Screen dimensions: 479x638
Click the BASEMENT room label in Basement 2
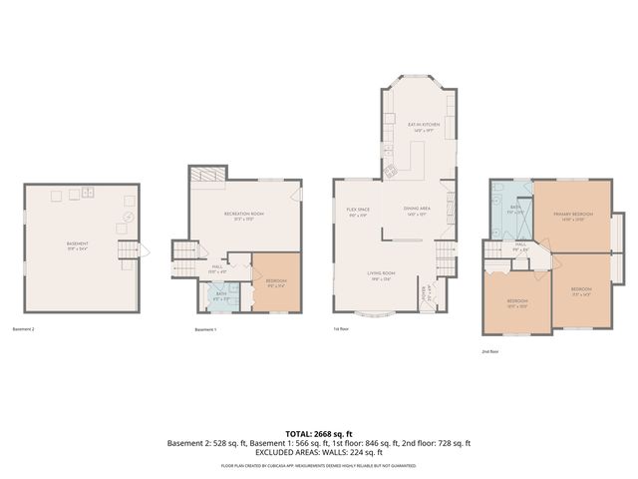pyautogui.click(x=77, y=245)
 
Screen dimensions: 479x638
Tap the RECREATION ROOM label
pyautogui.click(x=243, y=216)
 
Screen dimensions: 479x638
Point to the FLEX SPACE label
pyautogui.click(x=358, y=211)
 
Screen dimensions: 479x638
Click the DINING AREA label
pyautogui.click(x=417, y=211)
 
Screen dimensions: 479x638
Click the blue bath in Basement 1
pyautogui.click(x=221, y=292)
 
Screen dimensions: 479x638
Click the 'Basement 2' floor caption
pyautogui.click(x=26, y=329)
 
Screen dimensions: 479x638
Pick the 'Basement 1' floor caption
pyautogui.click(x=205, y=329)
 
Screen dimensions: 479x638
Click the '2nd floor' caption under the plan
pyautogui.click(x=489, y=352)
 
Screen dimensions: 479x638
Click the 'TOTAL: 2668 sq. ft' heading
pyautogui.click(x=318, y=432)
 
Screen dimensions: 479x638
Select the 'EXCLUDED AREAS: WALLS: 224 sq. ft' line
pyautogui.click(x=318, y=452)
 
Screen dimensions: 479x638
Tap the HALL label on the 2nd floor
pyautogui.click(x=520, y=244)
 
